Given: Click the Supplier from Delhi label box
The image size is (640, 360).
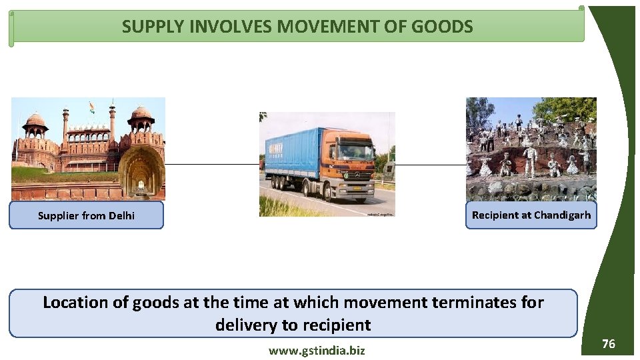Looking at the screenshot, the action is [x=86, y=215].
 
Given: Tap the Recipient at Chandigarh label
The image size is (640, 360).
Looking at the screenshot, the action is [x=531, y=215].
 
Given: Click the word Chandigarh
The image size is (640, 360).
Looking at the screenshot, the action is [x=562, y=215].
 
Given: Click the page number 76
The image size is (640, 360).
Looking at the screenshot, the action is [x=608, y=344].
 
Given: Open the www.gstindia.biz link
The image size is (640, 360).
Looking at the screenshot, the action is [x=317, y=350].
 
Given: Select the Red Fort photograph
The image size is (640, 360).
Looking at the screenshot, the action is [x=88, y=148].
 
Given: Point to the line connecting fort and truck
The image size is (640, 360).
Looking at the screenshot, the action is [x=212, y=163].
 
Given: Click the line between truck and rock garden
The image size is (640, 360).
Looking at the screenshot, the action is [x=430, y=165].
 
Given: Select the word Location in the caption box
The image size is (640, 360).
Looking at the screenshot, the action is [x=75, y=302].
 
